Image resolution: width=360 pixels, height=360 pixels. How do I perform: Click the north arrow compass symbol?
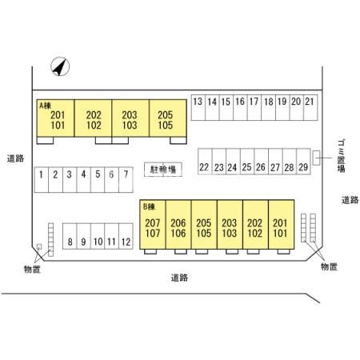pyautogui.click(x=60, y=66)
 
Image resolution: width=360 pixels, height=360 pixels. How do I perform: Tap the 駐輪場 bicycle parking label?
pyautogui.click(x=163, y=170)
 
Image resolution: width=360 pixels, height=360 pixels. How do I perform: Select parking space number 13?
pyautogui.click(x=198, y=107)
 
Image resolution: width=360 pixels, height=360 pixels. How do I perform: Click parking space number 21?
pyautogui.click(x=310, y=107)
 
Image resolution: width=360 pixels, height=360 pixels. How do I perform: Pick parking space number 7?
pyautogui.click(x=126, y=180)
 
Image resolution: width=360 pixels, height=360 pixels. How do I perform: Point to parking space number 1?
pyautogui.click(x=42, y=180)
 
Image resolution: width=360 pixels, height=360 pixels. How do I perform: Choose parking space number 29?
pyautogui.click(x=303, y=162)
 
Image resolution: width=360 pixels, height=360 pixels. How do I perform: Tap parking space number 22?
pyautogui.click(x=205, y=162)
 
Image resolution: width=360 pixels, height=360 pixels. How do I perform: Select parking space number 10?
pyautogui.click(x=98, y=236)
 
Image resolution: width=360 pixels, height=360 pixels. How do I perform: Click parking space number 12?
pyautogui.click(x=126, y=236)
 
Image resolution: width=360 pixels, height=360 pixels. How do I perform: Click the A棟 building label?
pyautogui.click(x=45, y=106)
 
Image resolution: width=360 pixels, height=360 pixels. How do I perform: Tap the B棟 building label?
pyautogui.click(x=149, y=206)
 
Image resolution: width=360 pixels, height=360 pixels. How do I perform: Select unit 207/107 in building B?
pyautogui.click(x=153, y=225)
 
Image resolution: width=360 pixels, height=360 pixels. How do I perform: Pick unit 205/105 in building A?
pyautogui.click(x=168, y=118)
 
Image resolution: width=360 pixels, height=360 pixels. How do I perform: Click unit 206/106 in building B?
pyautogui.click(x=178, y=225)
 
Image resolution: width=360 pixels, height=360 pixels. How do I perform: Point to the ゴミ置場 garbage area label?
pyautogui.click(x=342, y=156)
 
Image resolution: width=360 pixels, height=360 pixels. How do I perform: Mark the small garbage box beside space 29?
pyautogui.click(x=316, y=158)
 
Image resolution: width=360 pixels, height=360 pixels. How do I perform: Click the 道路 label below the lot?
pyautogui.click(x=179, y=278)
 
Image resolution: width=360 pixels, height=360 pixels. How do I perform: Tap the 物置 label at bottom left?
pyautogui.click(x=32, y=270)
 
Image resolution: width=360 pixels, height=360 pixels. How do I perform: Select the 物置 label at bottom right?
pyautogui.click(x=329, y=266)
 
